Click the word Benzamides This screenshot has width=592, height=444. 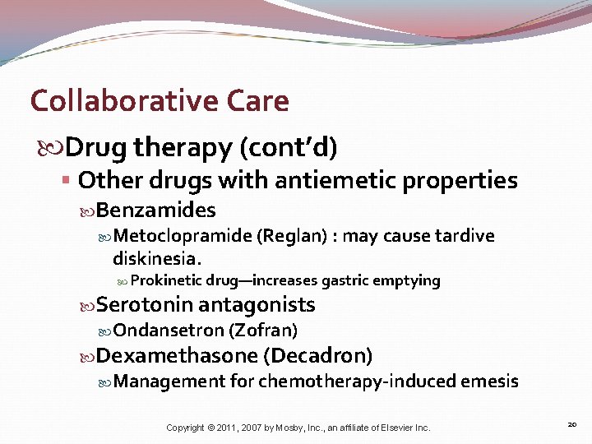coord(155,210)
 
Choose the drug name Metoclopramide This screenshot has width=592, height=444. coord(183,237)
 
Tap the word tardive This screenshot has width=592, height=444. coord(465,237)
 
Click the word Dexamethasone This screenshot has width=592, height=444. coord(177,356)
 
